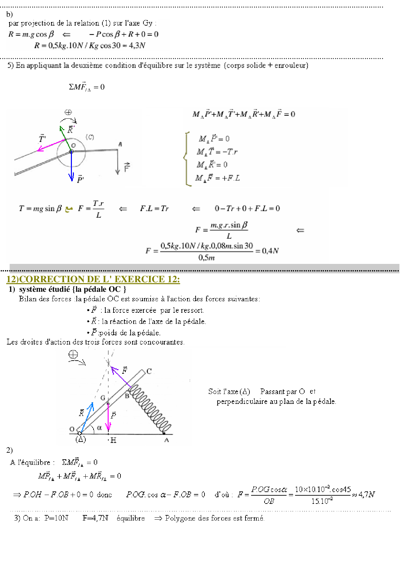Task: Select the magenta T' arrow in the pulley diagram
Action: point(52,145)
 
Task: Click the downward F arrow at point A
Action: point(118,162)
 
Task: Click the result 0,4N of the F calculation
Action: point(270,251)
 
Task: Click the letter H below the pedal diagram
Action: point(113,440)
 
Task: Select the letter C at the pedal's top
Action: point(149,371)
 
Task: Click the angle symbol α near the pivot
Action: point(99,427)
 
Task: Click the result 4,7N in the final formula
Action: point(366,494)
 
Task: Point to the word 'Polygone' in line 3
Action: point(179,518)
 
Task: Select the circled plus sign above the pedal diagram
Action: point(73,354)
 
